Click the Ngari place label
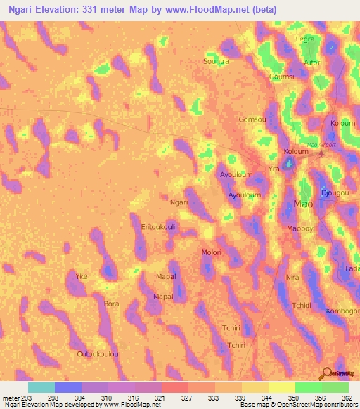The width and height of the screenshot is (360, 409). pyautogui.click(x=179, y=202)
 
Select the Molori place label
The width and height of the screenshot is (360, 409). pyautogui.click(x=212, y=252)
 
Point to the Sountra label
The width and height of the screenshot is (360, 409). pyautogui.click(x=216, y=61)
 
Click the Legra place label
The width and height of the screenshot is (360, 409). pyautogui.click(x=305, y=39)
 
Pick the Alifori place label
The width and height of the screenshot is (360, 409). pyautogui.click(x=313, y=63)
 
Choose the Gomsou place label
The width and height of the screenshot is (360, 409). pyautogui.click(x=252, y=119)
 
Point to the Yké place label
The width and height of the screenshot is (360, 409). pyautogui.click(x=82, y=277)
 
